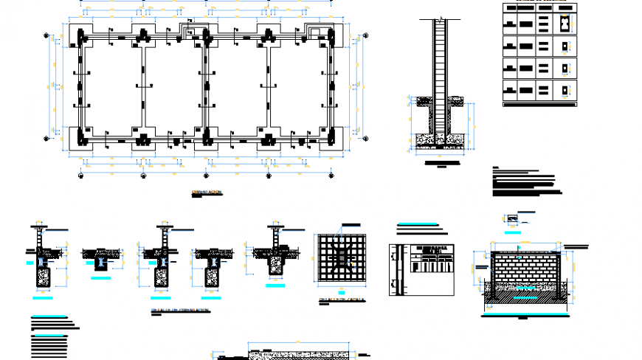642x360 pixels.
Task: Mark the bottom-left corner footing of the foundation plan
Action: pyautogui.click(x=80, y=137)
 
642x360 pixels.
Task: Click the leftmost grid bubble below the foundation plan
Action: pyautogui.click(x=80, y=176)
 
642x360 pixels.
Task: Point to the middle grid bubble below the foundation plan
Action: pyautogui.click(x=205, y=176)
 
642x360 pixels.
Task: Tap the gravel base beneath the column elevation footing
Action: pyautogui.click(x=441, y=138)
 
